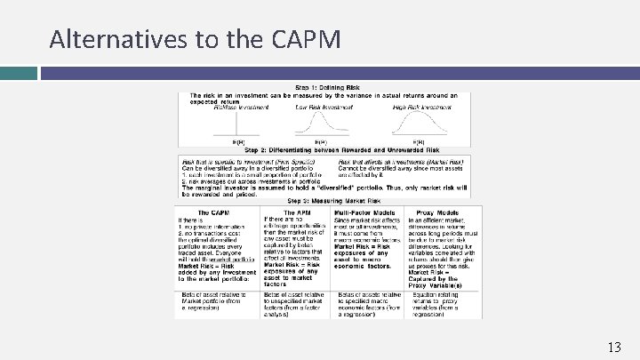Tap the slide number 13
point(612,346)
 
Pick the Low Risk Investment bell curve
point(322,124)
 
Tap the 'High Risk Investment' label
point(419,108)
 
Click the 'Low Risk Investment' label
point(323,108)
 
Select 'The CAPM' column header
point(217,212)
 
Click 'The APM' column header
point(295,212)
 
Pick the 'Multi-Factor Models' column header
point(366,212)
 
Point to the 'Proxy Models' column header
point(441,212)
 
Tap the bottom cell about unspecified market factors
point(295,304)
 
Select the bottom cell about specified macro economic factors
point(366,304)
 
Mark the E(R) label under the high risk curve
point(419,141)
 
